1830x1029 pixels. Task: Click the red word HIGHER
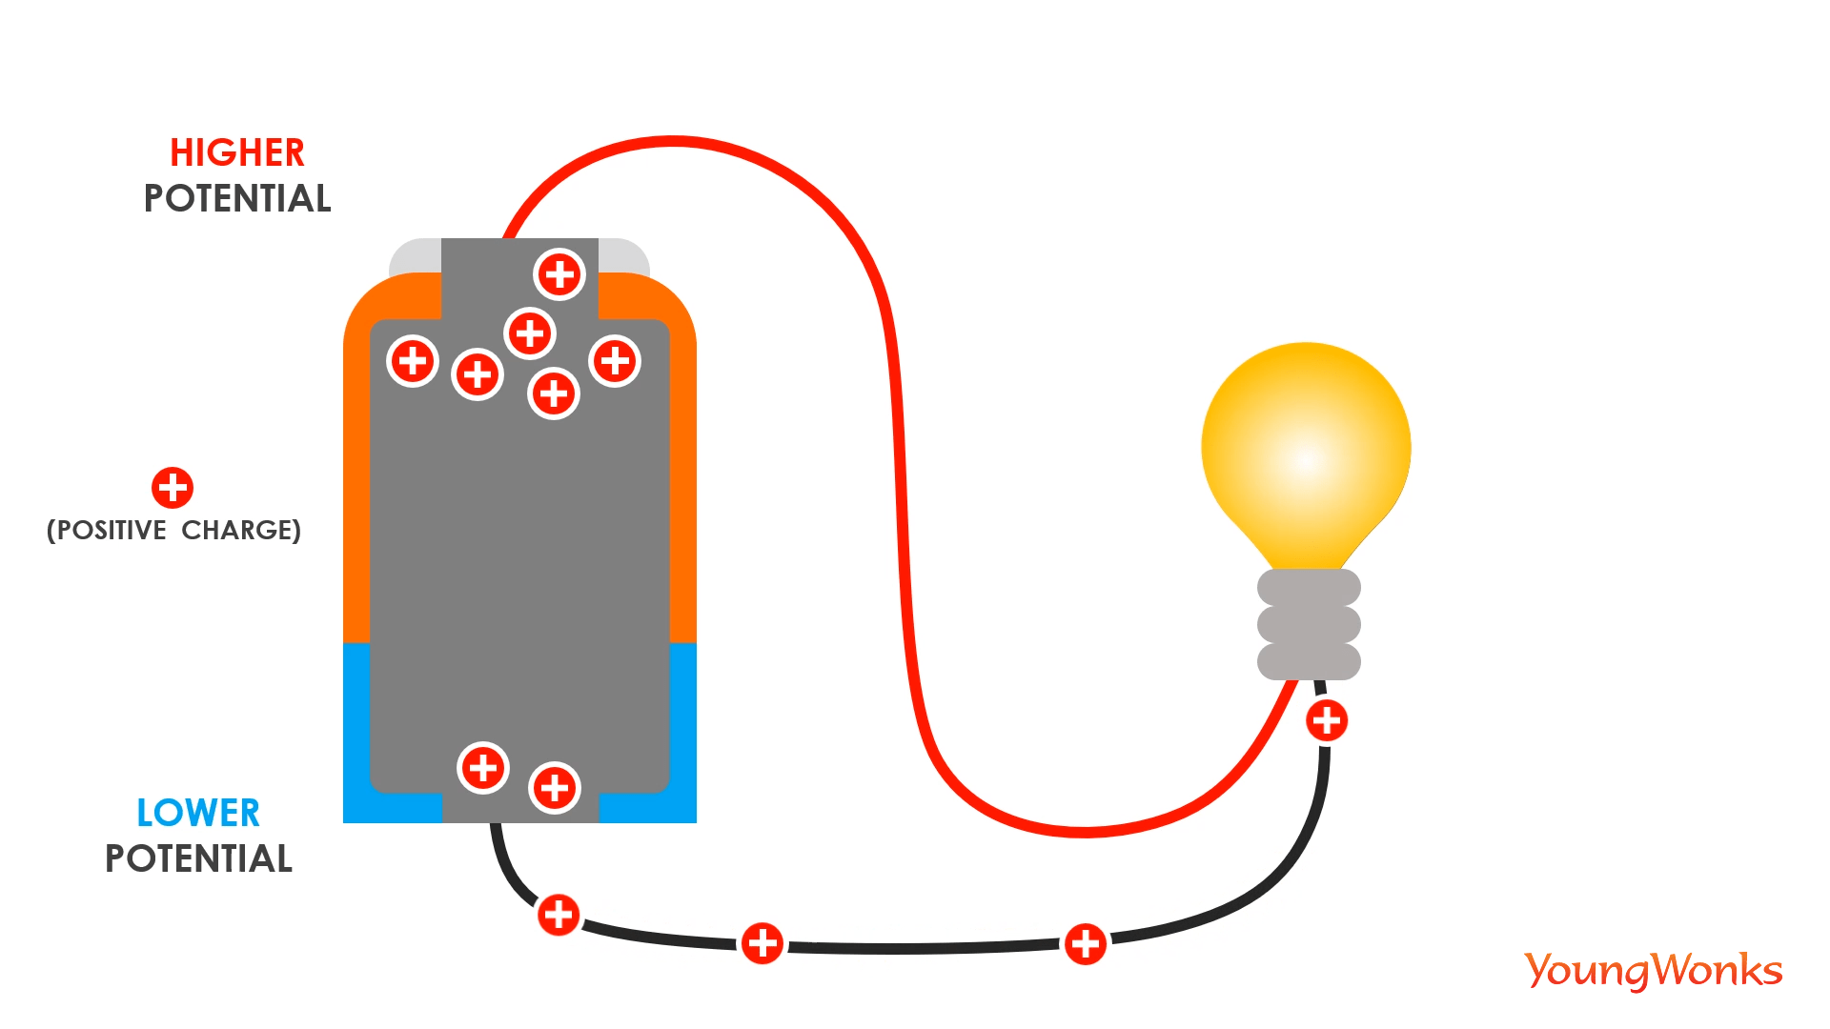point(237,152)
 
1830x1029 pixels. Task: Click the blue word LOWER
point(198,813)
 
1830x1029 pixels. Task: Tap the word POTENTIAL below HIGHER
point(237,198)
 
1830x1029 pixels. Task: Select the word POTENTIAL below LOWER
point(198,858)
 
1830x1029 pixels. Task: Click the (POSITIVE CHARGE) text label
point(173,530)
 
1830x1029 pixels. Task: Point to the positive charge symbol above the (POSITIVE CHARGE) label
point(173,488)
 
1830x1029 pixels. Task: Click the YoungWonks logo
point(1654,970)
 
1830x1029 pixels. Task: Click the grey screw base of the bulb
point(1309,624)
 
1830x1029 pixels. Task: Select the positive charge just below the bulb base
point(1327,720)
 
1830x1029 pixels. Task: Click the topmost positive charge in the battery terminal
point(559,274)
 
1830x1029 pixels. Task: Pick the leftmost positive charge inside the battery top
point(413,361)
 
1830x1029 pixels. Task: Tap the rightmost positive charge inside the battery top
point(615,361)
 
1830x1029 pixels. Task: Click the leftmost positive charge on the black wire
point(559,915)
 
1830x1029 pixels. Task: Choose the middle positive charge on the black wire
point(762,943)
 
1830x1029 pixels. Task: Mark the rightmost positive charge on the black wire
point(1086,944)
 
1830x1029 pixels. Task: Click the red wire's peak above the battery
point(674,142)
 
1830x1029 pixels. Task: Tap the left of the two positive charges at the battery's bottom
point(483,768)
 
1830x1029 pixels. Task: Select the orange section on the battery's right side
point(683,476)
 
